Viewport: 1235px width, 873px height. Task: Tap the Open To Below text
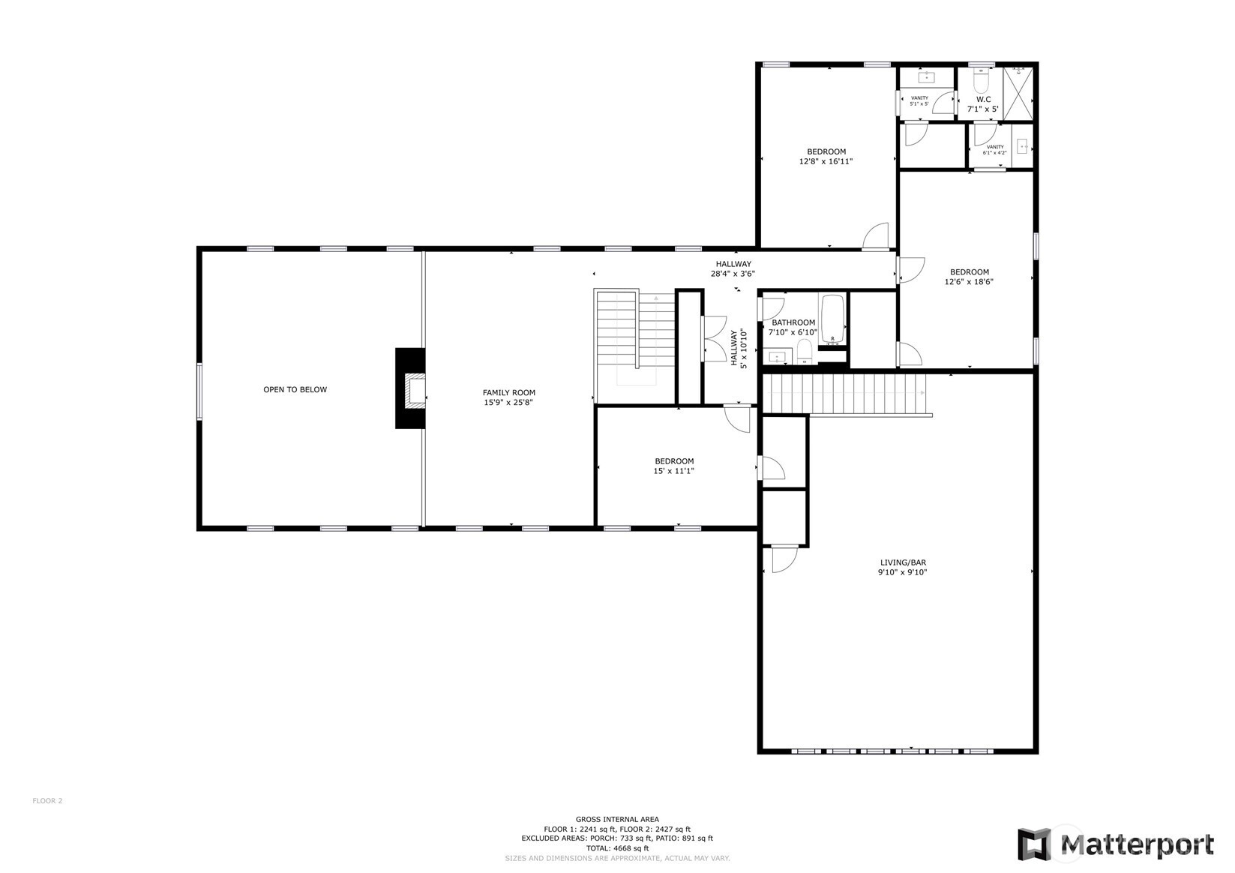click(295, 390)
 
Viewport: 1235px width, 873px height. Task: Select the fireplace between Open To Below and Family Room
click(411, 388)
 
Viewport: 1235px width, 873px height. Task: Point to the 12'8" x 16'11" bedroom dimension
click(826, 161)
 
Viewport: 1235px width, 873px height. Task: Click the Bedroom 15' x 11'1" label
click(674, 466)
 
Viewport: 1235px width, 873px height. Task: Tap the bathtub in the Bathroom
click(832, 319)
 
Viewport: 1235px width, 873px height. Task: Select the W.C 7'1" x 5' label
click(982, 104)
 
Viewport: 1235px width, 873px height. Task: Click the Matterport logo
click(1115, 844)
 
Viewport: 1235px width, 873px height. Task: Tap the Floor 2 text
click(47, 801)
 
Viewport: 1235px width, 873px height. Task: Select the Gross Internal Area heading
click(617, 819)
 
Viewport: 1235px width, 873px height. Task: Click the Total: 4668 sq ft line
click(617, 848)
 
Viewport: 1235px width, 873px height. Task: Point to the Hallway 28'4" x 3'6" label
click(733, 268)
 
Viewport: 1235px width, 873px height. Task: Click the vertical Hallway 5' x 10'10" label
click(739, 349)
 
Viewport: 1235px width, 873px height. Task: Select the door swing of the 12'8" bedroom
click(876, 236)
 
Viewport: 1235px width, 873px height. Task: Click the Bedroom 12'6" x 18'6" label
click(969, 277)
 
